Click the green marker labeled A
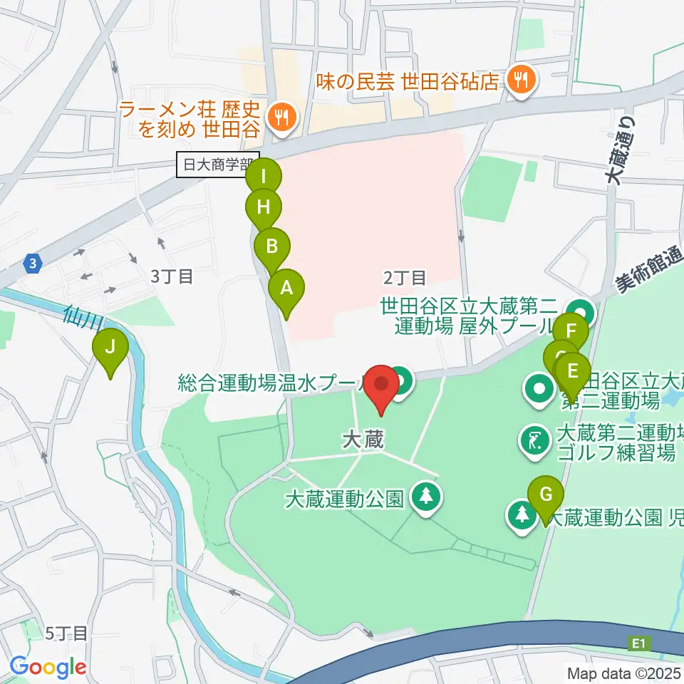click(x=286, y=289)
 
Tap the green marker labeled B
click(x=272, y=247)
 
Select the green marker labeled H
click(x=264, y=208)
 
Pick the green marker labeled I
click(x=264, y=175)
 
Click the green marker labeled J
click(x=110, y=348)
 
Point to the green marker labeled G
click(x=546, y=494)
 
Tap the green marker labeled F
click(x=571, y=331)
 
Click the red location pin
click(x=382, y=384)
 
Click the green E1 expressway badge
click(x=639, y=644)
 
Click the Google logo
click(x=48, y=668)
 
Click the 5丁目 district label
click(x=66, y=633)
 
